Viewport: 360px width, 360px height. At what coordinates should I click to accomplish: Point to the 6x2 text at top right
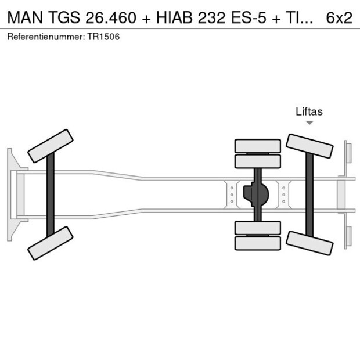339,17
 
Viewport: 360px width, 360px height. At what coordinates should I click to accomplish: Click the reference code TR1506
103,37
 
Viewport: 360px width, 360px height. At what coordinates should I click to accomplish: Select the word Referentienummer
45,37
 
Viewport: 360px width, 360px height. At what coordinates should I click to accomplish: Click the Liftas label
309,111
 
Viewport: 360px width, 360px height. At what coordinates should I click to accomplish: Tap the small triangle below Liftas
309,123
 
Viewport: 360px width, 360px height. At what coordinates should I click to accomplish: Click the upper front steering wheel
51,146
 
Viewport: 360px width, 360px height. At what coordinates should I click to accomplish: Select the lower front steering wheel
51,243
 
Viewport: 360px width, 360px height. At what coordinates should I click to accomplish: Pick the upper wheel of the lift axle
309,146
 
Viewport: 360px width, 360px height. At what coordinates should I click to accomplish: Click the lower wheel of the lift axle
309,243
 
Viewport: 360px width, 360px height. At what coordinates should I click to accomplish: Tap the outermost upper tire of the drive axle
257,146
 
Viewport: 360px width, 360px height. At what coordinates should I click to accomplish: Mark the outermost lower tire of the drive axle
257,243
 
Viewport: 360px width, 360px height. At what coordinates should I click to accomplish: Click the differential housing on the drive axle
257,195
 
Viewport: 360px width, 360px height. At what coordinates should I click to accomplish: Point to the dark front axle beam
51,194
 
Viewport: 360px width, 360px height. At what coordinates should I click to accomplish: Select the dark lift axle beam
309,194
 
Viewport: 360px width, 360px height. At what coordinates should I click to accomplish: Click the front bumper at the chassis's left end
10,194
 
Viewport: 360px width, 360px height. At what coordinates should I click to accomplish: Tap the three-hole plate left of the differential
232,195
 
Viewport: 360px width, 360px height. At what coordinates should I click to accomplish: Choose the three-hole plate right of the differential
283,195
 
